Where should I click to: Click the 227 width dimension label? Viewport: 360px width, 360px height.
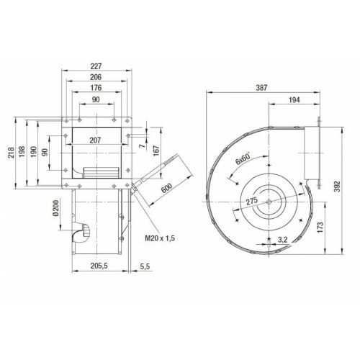coord(96,66)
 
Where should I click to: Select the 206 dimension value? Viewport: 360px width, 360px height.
coord(96,77)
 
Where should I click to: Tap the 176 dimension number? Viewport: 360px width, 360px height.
coord(96,88)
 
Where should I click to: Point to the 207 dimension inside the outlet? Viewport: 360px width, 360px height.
coord(95,140)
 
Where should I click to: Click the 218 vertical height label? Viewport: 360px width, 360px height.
coord(11,153)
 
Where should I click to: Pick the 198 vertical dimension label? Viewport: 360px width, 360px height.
coord(22,152)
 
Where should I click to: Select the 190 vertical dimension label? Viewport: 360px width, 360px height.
coord(34,152)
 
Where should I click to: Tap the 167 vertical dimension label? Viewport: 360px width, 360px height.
coord(156,150)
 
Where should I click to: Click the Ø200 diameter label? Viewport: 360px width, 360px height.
coord(55,208)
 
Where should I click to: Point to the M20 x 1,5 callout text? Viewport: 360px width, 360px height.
coord(160,238)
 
